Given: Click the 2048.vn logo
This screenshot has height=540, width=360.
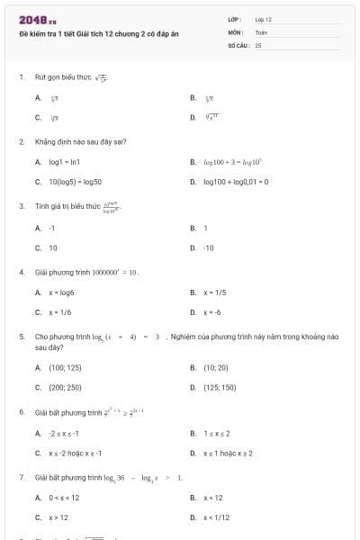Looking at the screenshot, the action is pyautogui.click(x=38, y=19).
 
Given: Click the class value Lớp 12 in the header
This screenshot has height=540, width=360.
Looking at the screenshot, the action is pyautogui.click(x=263, y=19).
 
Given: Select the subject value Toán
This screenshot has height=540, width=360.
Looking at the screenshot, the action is pyautogui.click(x=261, y=31).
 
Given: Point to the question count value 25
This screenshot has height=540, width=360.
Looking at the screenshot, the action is pyautogui.click(x=257, y=43).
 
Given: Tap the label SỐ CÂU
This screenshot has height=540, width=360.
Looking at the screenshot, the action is pyautogui.click(x=237, y=43).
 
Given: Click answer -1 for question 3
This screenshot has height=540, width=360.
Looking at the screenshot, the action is pyautogui.click(x=51, y=227).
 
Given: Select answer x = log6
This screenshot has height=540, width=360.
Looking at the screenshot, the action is pyautogui.click(x=60, y=292).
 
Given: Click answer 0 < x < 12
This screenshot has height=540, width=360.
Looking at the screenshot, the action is pyautogui.click(x=64, y=497).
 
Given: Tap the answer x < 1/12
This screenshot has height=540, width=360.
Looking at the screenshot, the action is pyautogui.click(x=217, y=517).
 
